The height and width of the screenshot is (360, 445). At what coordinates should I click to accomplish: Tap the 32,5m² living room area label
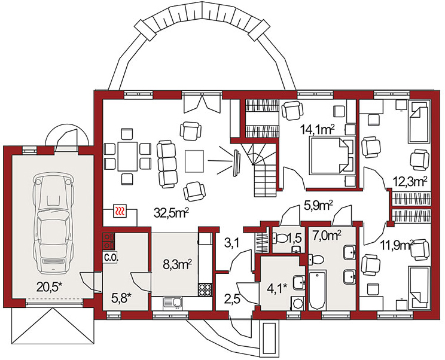tap(172, 213)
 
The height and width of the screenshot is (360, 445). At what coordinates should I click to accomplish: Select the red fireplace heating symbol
tap(120, 210)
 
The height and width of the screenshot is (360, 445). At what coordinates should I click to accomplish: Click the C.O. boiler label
tap(111, 258)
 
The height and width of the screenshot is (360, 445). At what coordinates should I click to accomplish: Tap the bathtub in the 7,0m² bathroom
tap(318, 289)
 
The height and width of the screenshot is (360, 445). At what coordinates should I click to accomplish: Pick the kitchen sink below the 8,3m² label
tap(172, 303)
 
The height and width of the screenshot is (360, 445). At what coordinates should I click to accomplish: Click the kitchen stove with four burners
tap(205, 290)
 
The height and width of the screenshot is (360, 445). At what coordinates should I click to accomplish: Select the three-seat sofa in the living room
tap(167, 164)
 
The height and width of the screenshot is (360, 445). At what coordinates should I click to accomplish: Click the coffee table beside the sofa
tap(194, 161)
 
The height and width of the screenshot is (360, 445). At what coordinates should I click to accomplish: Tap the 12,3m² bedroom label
tap(410, 182)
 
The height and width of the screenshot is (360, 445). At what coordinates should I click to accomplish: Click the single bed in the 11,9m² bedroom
tap(419, 287)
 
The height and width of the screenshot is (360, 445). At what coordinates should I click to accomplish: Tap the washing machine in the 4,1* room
tap(297, 304)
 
